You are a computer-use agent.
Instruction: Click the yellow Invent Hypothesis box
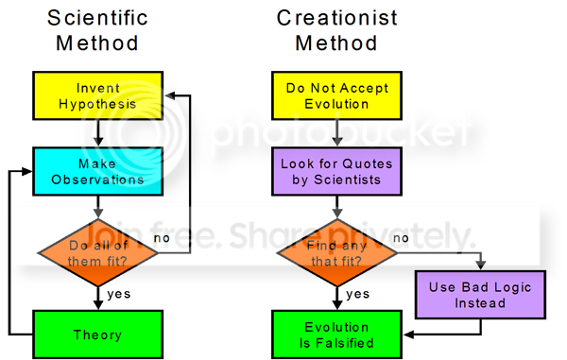tap(97, 95)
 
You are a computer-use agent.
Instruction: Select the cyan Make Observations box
tap(97, 171)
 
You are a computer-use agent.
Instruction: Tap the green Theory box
tap(97, 334)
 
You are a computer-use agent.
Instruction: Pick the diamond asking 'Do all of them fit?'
tap(97, 252)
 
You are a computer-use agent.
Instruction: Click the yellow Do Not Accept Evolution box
tap(336, 95)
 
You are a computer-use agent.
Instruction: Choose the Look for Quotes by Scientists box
tap(336, 171)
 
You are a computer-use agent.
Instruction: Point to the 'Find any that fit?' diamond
tap(336, 252)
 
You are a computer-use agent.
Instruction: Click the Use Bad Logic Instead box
tap(480, 295)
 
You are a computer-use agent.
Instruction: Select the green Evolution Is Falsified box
tap(336, 334)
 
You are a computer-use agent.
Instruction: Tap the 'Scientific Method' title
tap(97, 30)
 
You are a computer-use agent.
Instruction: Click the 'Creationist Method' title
tap(336, 30)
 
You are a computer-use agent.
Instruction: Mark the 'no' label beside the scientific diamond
tap(162, 238)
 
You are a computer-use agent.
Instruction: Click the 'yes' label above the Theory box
tap(119, 294)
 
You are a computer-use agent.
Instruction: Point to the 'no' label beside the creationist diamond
tap(401, 238)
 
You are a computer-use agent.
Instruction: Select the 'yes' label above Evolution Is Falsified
tap(358, 294)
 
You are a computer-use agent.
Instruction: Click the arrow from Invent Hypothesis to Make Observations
tap(98, 133)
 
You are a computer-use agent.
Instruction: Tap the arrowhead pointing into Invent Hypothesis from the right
tap(170, 95)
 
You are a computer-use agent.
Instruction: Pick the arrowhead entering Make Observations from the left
tap(26, 171)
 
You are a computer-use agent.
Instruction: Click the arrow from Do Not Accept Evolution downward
tap(337, 133)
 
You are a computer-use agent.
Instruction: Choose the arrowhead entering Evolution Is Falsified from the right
tap(409, 334)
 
